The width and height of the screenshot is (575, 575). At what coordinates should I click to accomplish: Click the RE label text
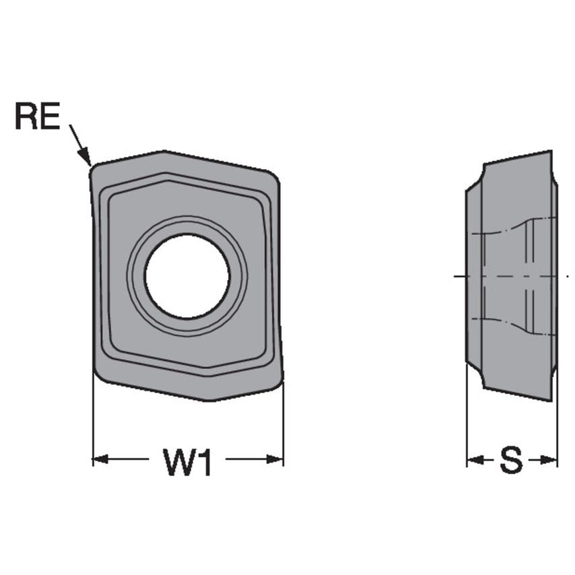tap(37, 117)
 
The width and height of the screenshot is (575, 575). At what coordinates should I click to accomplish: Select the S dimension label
tap(511, 461)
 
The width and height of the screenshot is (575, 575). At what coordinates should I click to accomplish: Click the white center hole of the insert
tap(187, 276)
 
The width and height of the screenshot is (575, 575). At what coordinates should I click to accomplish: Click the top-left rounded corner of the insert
tap(94, 168)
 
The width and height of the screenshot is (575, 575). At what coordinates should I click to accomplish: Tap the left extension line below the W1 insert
tap(93, 424)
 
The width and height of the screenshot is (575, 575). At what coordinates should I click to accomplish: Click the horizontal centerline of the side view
tap(512, 277)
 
